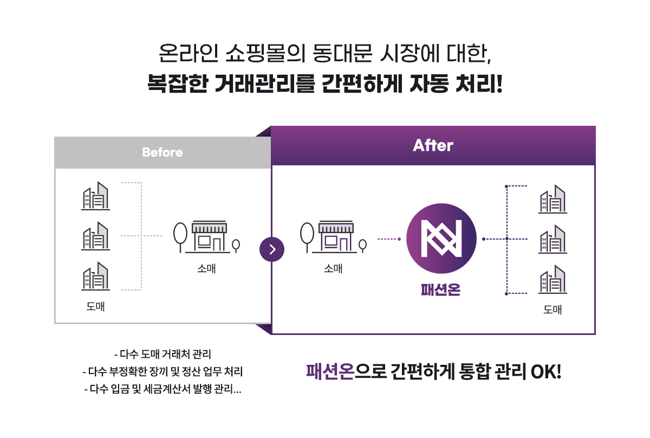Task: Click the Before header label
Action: click(162, 152)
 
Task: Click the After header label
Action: click(433, 145)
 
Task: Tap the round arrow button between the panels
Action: click(272, 249)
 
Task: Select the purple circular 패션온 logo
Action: click(441, 239)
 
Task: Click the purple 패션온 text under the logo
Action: click(440, 290)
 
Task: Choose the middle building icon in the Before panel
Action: click(95, 236)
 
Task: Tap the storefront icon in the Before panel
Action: click(206, 237)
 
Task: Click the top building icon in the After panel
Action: click(552, 199)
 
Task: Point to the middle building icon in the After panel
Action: click(552, 240)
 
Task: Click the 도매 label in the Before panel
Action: click(95, 306)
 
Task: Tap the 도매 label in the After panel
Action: click(552, 310)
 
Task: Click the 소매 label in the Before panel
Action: click(206, 268)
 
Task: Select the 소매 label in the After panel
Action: click(333, 268)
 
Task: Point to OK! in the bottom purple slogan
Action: click(545, 372)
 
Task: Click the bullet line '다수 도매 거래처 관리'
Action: click(162, 356)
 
